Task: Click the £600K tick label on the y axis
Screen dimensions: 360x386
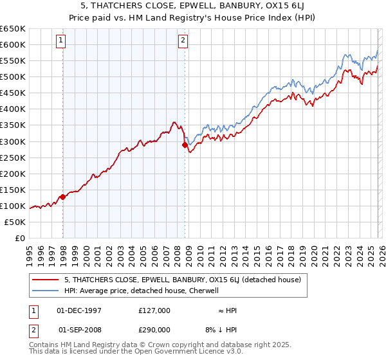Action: coord(13,44)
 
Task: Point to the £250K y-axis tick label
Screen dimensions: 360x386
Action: coord(13,157)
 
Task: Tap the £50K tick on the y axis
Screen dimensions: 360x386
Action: coord(15,222)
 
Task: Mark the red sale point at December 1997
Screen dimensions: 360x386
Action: coord(63,197)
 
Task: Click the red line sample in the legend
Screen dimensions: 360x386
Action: coord(45,280)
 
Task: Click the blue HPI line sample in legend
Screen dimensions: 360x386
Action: coord(45,291)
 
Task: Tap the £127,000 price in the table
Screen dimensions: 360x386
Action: coord(154,310)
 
